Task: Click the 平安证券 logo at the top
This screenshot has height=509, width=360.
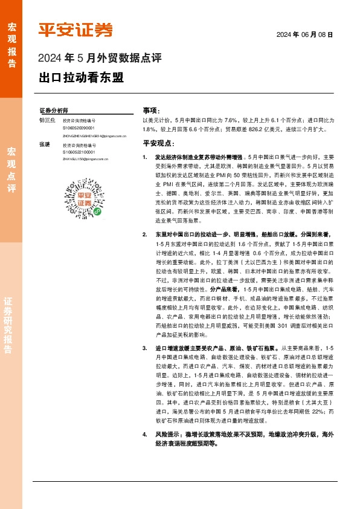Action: click(x=76, y=30)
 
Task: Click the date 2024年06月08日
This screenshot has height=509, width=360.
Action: click(x=304, y=35)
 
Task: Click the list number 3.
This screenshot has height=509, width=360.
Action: click(x=144, y=349)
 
